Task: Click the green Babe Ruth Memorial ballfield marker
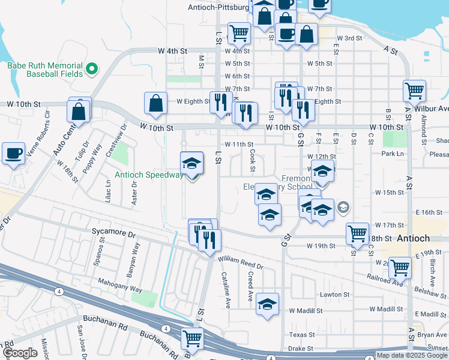coord(92,70)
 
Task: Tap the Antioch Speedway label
coord(149,175)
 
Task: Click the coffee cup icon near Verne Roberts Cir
coord(13,154)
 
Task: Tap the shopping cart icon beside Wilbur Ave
coord(414,91)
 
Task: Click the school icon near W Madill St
coord(267,304)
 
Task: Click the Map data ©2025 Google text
coord(412,355)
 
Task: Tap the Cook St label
coord(253,159)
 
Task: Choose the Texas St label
coord(301,335)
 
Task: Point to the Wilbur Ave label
coord(436,109)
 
